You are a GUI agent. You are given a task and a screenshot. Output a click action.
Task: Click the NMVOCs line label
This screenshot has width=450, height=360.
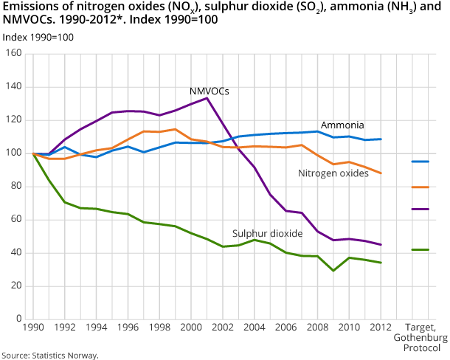point(209,91)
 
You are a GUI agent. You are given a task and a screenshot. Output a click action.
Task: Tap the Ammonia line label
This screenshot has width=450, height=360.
point(342,125)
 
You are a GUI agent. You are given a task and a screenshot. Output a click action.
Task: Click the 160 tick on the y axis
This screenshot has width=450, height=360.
point(14,54)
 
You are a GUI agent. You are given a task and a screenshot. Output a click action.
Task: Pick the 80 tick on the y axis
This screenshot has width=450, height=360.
point(16,187)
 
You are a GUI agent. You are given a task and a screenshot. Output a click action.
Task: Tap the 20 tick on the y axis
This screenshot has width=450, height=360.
point(16,286)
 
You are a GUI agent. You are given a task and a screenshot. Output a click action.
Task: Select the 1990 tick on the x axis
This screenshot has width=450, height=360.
point(33,327)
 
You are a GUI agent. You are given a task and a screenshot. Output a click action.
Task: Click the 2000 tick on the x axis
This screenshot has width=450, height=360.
point(190,327)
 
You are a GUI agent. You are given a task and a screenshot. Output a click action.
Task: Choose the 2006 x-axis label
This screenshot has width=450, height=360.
point(285,327)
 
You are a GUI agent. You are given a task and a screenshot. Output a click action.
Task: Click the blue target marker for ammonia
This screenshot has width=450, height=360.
point(420,162)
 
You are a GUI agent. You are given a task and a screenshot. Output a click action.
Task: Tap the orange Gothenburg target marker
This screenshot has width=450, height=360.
point(420,187)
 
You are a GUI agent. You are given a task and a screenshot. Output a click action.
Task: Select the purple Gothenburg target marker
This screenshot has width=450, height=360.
point(420,210)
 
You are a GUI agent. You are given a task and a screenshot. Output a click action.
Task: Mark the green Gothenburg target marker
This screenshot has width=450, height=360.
point(420,250)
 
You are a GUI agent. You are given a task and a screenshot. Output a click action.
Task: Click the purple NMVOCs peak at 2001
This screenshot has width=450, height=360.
point(207,98)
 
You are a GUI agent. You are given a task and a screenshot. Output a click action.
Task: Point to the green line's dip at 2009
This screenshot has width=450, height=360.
point(333,271)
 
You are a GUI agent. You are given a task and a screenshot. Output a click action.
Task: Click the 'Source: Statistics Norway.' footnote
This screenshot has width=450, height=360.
point(49,355)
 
